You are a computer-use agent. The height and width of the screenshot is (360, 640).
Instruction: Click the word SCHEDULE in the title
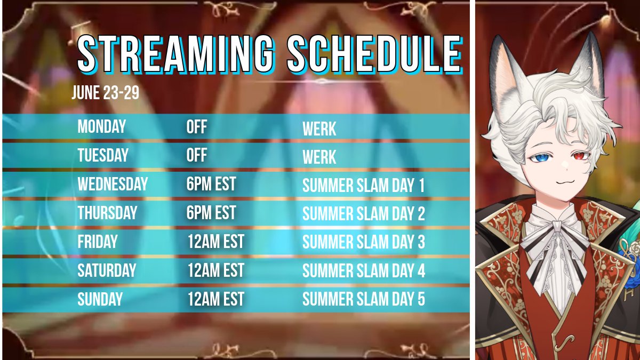click(x=374, y=54)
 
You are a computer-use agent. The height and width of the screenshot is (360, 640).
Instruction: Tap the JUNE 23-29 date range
click(x=106, y=93)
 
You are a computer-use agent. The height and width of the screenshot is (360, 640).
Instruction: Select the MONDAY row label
click(x=102, y=127)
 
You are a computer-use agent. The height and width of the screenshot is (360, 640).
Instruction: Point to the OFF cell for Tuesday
click(x=197, y=156)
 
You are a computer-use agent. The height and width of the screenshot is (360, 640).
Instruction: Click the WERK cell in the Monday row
click(x=319, y=129)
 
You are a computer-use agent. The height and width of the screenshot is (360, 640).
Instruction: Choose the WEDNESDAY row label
click(x=113, y=185)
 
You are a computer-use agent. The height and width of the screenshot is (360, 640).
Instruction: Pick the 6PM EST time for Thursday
click(x=211, y=213)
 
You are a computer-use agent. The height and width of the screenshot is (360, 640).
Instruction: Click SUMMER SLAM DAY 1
click(x=363, y=186)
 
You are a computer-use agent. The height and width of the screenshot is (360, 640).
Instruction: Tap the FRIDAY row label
click(x=98, y=242)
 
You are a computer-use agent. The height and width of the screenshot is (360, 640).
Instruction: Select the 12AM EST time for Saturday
click(x=215, y=270)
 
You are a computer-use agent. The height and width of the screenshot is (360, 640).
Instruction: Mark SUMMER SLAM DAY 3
click(x=363, y=243)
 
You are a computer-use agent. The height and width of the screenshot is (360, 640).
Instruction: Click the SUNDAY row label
click(x=100, y=299)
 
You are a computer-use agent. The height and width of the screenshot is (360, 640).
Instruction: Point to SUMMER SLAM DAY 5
click(x=363, y=300)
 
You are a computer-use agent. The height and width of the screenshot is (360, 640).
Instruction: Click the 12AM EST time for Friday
click(x=215, y=242)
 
